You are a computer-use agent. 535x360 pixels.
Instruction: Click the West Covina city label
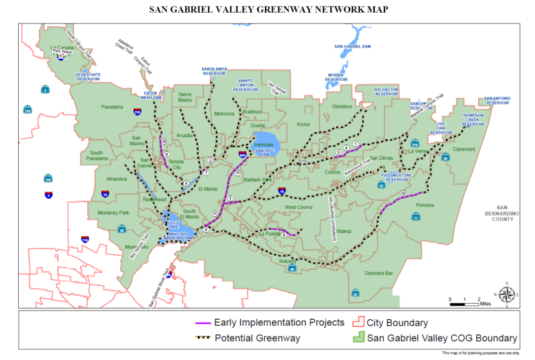(x=300, y=207)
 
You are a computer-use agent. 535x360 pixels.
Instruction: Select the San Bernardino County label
(x=504, y=213)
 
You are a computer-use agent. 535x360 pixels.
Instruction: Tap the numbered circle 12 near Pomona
(x=403, y=193)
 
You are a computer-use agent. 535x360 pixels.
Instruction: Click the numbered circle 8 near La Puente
(x=284, y=234)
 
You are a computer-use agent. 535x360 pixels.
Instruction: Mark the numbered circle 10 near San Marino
(x=164, y=142)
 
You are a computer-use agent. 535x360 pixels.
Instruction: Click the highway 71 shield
(x=415, y=217)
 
